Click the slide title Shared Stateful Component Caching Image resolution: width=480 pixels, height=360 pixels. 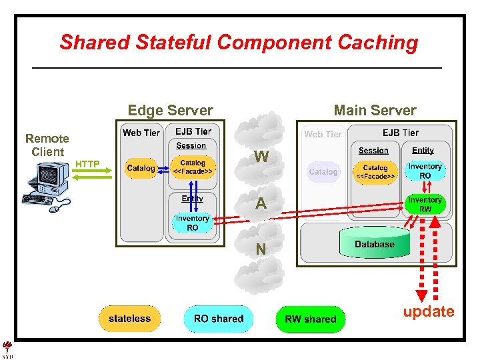239,43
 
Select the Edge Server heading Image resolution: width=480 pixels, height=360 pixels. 170,111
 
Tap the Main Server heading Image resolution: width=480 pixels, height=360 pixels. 375,111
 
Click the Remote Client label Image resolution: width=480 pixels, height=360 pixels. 47,145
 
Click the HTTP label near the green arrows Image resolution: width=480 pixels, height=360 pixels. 87,163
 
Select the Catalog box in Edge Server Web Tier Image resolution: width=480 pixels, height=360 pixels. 141,168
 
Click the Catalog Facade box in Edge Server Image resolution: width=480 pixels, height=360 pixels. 193,167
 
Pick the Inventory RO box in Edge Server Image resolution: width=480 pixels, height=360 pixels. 192,223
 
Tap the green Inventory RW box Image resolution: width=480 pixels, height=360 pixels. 425,204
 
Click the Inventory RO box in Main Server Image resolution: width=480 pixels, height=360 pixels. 425,171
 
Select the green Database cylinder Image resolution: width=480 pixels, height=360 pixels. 375,244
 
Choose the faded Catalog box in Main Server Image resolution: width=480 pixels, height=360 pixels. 323,171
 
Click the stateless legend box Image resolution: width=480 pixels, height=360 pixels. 129,319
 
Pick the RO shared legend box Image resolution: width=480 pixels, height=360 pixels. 219,319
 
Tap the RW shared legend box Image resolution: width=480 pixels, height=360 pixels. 311,319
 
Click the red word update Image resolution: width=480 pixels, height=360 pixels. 428,311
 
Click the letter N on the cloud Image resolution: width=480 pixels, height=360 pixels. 261,249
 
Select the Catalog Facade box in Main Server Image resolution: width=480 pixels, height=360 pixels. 375,172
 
